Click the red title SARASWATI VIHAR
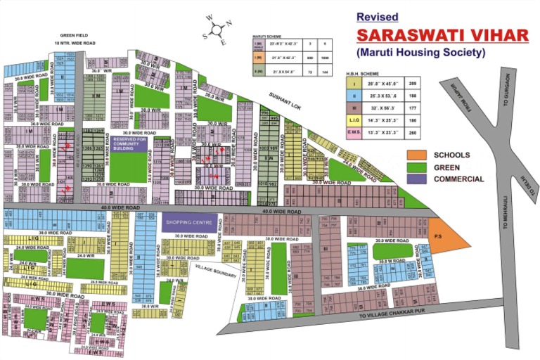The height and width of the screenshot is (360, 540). [x=442, y=34]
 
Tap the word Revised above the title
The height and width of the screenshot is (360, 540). [x=377, y=16]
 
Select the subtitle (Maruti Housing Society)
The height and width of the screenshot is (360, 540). [x=421, y=53]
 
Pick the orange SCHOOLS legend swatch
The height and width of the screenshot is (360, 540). [x=416, y=154]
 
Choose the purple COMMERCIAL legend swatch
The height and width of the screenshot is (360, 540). [x=416, y=179]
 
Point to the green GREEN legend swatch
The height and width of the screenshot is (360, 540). [x=416, y=167]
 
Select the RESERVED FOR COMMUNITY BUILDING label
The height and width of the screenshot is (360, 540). [x=128, y=145]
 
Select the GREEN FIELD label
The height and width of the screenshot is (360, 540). [x=75, y=34]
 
